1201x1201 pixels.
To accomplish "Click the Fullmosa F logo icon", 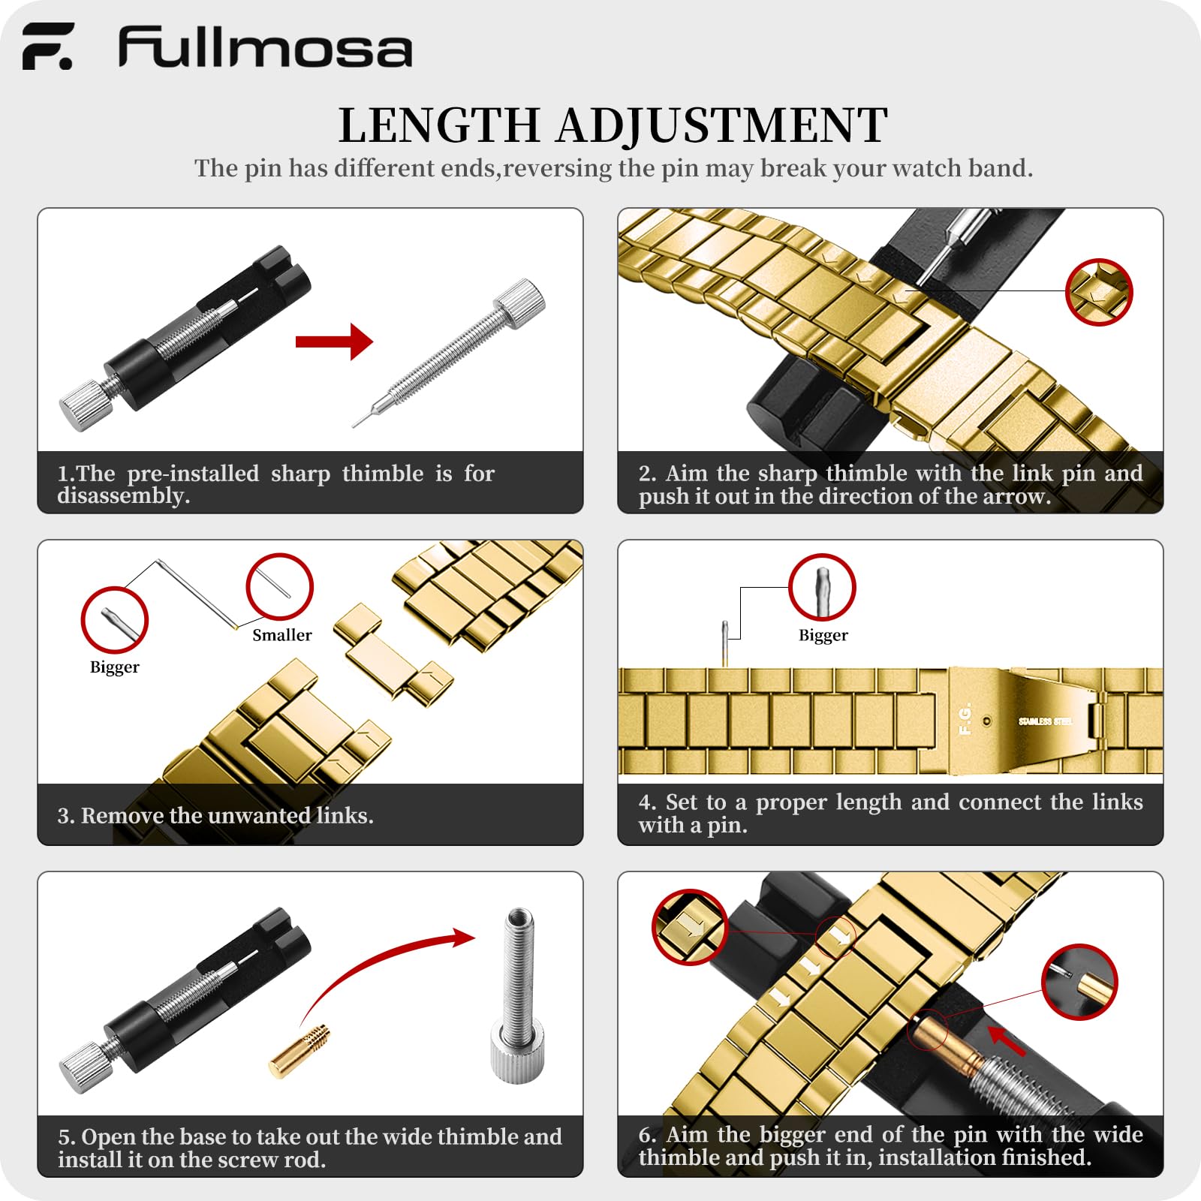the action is point(48,47).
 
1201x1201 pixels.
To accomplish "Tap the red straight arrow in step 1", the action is point(334,342).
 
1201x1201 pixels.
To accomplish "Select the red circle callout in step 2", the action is point(1099,292).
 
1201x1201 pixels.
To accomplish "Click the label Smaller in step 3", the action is point(282,635).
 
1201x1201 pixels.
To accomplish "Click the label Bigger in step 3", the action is point(115,667).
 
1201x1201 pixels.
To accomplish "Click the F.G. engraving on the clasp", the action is point(965,718).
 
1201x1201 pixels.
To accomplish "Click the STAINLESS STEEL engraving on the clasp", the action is point(1045,721).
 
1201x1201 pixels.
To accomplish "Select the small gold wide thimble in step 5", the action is point(299,1051).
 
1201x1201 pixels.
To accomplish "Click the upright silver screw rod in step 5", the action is point(518,995).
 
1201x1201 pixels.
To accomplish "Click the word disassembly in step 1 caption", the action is point(123,496).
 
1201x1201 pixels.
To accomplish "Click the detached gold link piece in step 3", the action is point(393,655).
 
